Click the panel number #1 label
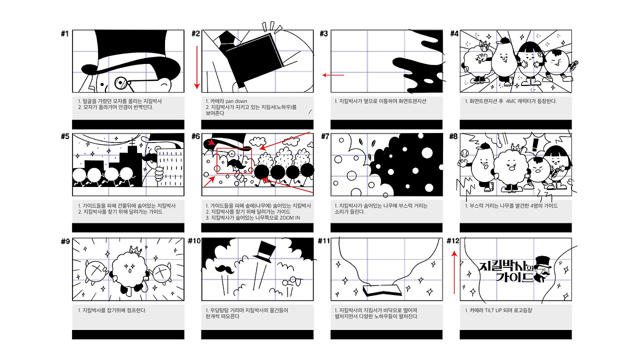pyautogui.click(x=65, y=33)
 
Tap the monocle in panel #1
pyautogui.click(x=121, y=83)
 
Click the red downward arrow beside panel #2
pyautogui.click(x=196, y=67)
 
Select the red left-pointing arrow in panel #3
pyautogui.click(x=333, y=75)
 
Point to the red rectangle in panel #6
pyautogui.click(x=234, y=160)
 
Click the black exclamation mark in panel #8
pyautogui.click(x=535, y=144)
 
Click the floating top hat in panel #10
pyautogui.click(x=265, y=251)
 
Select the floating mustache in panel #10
pyautogui.click(x=224, y=269)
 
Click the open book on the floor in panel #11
pyautogui.click(x=382, y=290)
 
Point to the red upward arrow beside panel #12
pyautogui.click(x=454, y=272)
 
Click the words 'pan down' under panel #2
pyautogui.click(x=236, y=101)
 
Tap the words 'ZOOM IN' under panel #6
pyautogui.click(x=289, y=217)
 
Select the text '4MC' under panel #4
pyautogui.click(x=511, y=101)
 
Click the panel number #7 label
pyautogui.click(x=325, y=136)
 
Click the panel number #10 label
pyautogui.click(x=194, y=241)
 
